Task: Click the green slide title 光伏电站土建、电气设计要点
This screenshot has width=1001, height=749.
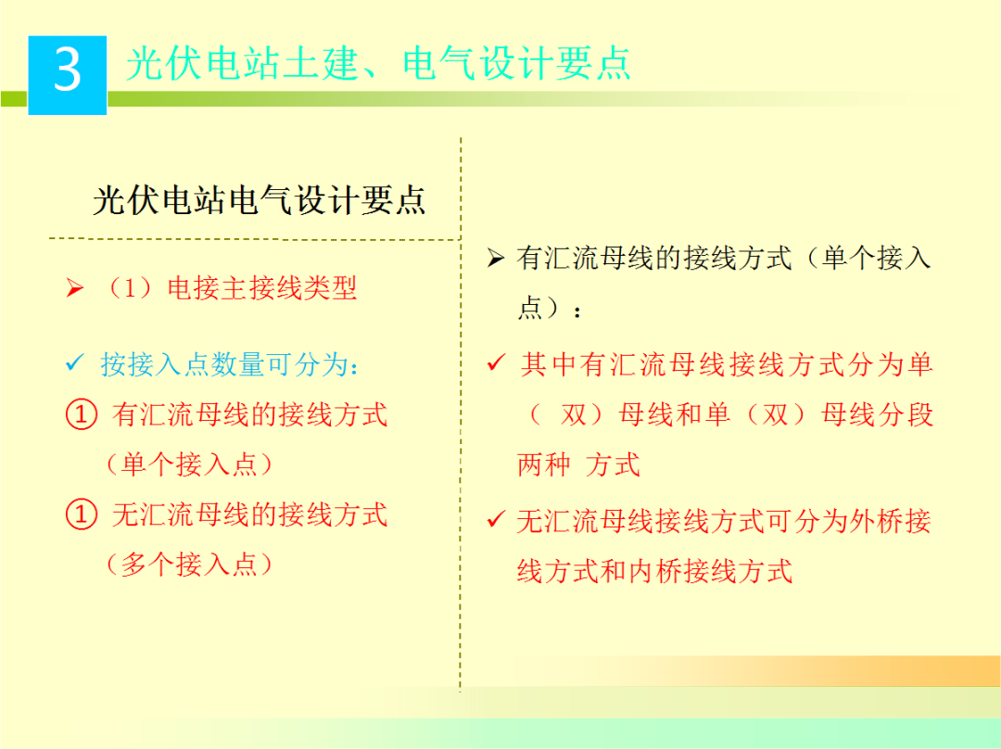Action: click(378, 64)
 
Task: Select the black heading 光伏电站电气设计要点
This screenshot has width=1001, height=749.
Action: click(260, 200)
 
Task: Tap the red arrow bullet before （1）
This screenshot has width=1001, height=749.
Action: click(75, 289)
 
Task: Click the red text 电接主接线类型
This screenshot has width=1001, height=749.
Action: click(262, 288)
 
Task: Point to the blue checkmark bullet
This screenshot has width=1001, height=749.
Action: click(75, 363)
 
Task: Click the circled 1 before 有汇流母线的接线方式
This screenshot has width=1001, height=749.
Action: click(82, 414)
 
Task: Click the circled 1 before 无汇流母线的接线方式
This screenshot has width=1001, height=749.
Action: click(82, 514)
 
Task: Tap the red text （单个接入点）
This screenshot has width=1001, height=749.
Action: click(189, 463)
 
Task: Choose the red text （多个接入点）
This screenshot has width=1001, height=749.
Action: click(189, 564)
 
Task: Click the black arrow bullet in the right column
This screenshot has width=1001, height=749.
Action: click(496, 259)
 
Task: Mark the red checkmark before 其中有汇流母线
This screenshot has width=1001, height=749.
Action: click(496, 363)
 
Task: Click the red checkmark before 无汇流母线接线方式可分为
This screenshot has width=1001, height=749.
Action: click(496, 520)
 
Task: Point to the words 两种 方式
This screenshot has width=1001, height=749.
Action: click(578, 464)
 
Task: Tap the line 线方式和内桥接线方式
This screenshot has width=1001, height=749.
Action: click(654, 571)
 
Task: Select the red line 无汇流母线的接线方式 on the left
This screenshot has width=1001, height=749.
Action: click(249, 514)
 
